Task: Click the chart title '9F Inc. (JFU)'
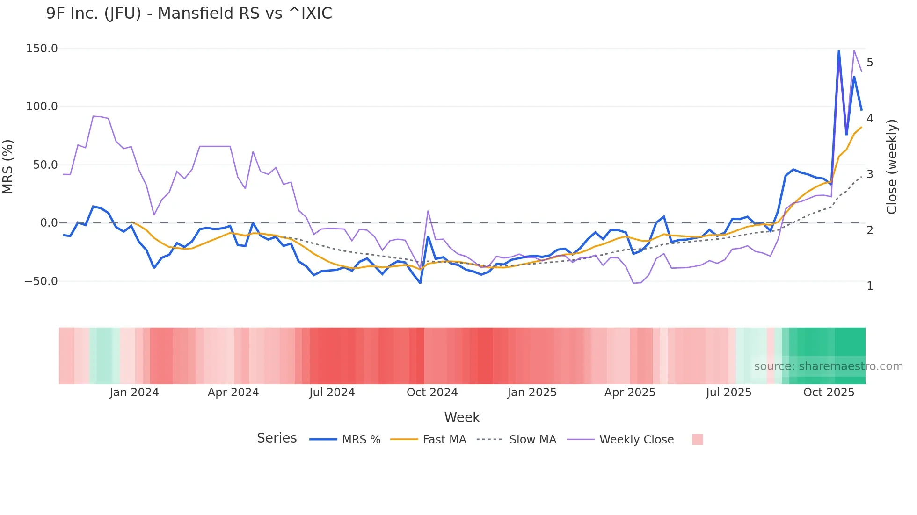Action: click(x=94, y=14)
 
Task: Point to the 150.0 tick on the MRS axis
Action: click(x=42, y=49)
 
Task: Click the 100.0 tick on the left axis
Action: click(x=42, y=107)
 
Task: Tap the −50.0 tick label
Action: click(x=41, y=281)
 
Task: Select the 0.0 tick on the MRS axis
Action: click(x=49, y=223)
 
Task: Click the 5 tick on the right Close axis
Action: click(x=870, y=63)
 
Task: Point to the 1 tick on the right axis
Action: click(x=870, y=286)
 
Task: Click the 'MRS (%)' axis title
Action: click(x=8, y=167)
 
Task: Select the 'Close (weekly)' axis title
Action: click(x=892, y=167)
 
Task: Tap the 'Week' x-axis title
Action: click(x=462, y=417)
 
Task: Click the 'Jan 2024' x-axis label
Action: click(x=134, y=393)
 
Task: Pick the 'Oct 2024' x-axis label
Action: click(x=432, y=393)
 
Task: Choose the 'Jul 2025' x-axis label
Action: click(x=728, y=393)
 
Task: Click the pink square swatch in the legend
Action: click(x=697, y=439)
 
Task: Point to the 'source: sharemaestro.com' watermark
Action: click(x=828, y=366)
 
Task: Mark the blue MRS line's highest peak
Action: click(x=838, y=50)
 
